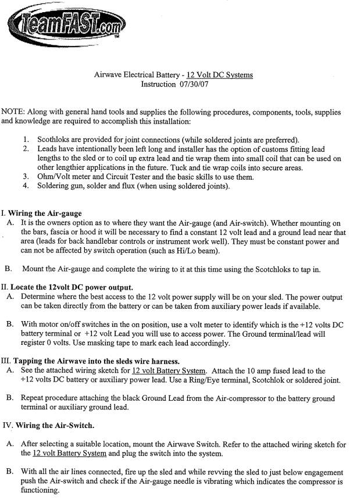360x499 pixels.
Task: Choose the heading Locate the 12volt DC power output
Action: tap(70, 287)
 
